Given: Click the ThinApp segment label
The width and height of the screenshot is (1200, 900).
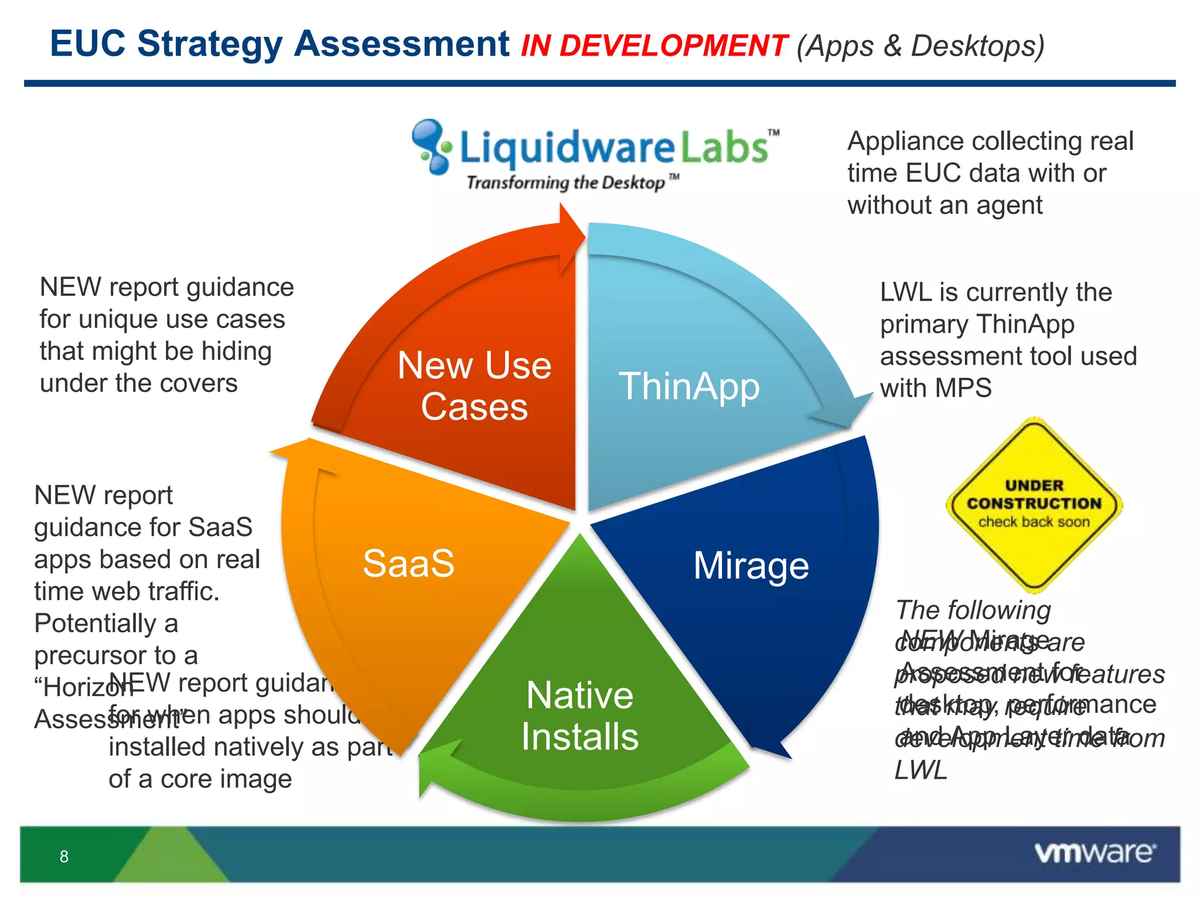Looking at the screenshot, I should [689, 387].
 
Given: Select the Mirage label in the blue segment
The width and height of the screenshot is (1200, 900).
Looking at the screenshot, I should [751, 566].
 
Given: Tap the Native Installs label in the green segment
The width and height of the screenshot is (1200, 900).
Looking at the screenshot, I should [579, 715].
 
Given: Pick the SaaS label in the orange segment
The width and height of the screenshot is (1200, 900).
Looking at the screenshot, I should [408, 564].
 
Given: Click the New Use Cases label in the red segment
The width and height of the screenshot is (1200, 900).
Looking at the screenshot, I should [474, 386].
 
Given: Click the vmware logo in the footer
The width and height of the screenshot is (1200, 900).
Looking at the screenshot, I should [1095, 853].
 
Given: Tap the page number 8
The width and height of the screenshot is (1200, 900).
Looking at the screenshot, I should [64, 857].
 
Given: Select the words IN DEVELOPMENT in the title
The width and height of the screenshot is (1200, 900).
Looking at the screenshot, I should [654, 46].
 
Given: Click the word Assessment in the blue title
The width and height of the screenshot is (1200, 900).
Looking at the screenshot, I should [401, 44].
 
